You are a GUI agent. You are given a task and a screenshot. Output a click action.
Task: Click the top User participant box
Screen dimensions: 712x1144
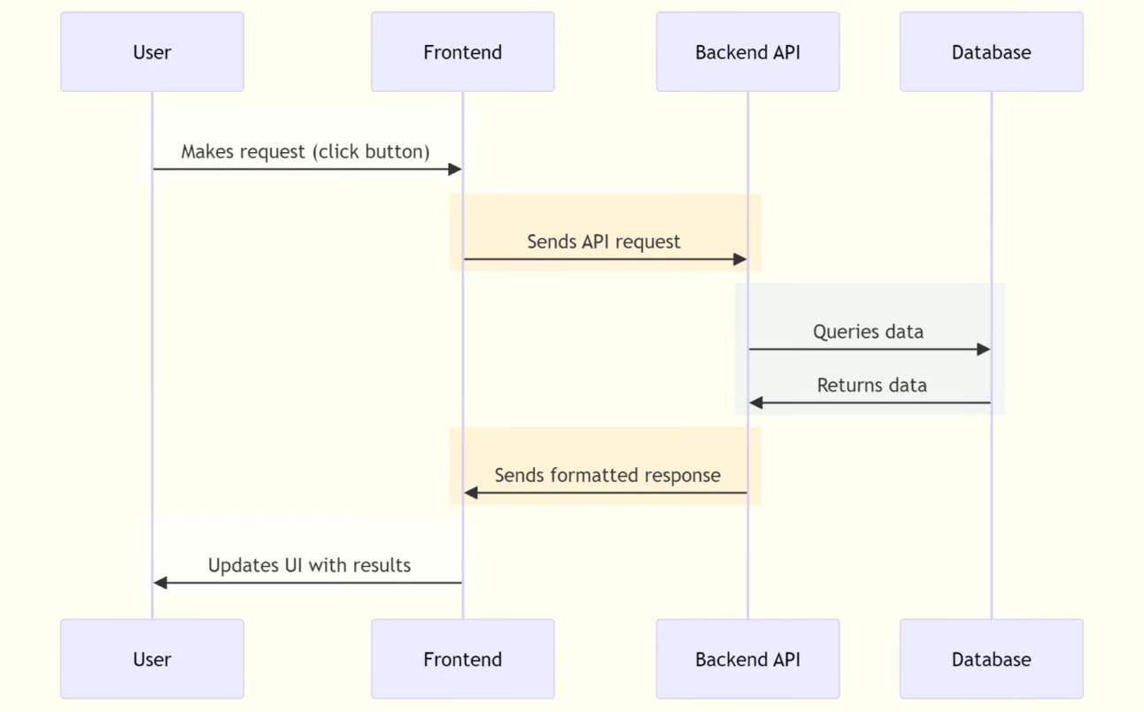click(152, 52)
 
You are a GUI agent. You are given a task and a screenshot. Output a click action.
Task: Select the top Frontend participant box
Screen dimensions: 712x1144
click(462, 52)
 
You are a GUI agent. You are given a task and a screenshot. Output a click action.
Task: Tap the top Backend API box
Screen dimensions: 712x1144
click(747, 52)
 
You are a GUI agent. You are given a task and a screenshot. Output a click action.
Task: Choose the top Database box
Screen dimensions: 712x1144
click(991, 52)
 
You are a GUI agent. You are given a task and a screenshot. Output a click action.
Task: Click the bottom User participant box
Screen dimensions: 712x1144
click(152, 659)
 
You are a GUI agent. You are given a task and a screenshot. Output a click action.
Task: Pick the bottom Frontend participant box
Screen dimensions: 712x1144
click(462, 659)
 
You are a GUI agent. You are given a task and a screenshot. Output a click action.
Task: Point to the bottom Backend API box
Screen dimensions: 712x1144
click(747, 659)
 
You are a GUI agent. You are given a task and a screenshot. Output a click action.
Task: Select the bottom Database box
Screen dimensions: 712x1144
click(991, 659)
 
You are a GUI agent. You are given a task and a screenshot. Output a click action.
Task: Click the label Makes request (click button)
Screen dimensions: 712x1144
click(305, 151)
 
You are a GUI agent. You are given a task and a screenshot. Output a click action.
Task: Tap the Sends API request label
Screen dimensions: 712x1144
click(604, 241)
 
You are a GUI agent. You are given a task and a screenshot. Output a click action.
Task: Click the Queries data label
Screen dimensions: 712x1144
click(868, 332)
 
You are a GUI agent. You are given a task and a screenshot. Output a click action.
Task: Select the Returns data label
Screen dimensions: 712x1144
click(871, 386)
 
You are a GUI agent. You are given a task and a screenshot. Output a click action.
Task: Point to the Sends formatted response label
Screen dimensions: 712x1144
click(607, 475)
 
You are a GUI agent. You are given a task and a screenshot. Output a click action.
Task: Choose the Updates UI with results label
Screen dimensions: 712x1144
click(309, 565)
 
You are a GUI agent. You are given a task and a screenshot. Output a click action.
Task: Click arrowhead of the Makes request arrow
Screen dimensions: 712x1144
click(456, 169)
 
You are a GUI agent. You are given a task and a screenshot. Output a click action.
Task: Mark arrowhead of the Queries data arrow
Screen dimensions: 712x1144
click(984, 349)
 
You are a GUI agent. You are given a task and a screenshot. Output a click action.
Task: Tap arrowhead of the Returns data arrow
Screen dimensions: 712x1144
click(755, 403)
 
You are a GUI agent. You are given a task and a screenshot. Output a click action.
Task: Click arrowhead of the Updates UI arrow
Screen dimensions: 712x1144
click(160, 583)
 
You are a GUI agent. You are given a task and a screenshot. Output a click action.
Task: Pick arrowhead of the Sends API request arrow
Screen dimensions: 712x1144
click(740, 259)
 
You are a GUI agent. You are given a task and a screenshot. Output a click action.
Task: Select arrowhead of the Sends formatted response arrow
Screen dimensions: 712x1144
click(471, 493)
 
